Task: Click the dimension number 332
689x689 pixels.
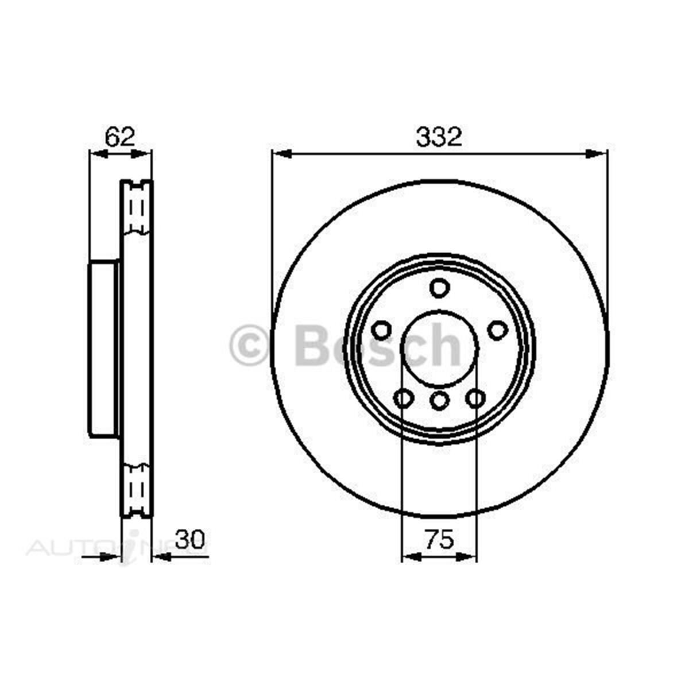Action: click(439, 137)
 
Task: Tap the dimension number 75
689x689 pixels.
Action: click(439, 540)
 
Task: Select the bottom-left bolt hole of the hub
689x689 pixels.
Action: click(404, 397)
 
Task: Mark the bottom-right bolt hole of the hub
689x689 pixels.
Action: click(475, 397)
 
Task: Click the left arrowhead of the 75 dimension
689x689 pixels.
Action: click(410, 556)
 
